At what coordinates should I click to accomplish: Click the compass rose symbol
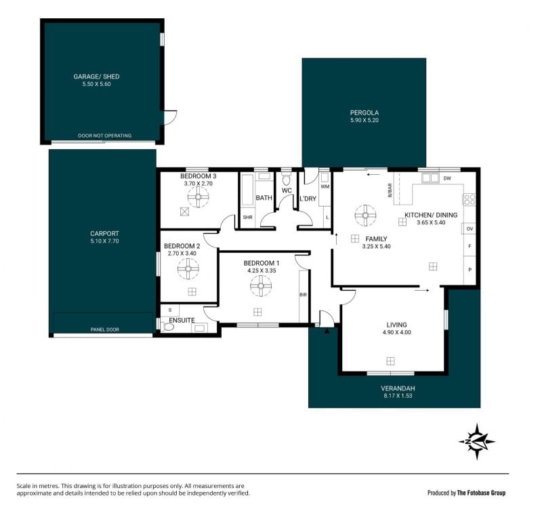click(x=477, y=442)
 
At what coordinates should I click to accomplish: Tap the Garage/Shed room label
click(x=96, y=77)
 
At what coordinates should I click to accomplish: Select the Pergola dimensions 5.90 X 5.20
click(x=364, y=121)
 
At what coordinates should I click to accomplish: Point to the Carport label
click(x=104, y=233)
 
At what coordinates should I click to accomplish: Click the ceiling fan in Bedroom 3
click(x=198, y=197)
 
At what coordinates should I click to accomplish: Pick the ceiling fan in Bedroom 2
click(x=188, y=268)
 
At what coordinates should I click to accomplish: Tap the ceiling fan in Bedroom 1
click(x=261, y=285)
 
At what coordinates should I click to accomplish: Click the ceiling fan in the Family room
click(x=365, y=215)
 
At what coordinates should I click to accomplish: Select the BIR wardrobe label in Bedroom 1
click(x=303, y=295)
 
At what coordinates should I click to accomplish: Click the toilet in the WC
click(x=286, y=180)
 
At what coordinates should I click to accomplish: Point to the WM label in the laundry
click(x=325, y=187)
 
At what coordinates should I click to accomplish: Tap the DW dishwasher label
click(x=447, y=178)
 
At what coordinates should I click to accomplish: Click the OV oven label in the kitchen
click(x=470, y=229)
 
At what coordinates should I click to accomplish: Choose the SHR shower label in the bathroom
click(x=247, y=217)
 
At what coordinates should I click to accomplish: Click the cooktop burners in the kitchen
click(x=469, y=199)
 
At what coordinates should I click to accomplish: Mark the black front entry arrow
click(x=327, y=331)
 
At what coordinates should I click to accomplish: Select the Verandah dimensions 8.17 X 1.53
click(x=398, y=396)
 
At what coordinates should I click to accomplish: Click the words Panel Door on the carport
click(x=105, y=329)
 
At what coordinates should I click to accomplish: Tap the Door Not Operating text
click(x=105, y=136)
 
